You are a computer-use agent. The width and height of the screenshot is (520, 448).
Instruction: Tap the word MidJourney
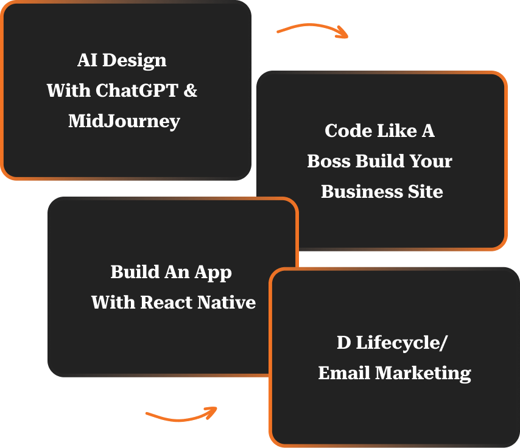point(124,121)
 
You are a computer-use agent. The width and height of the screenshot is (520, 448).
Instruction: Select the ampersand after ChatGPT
point(191,91)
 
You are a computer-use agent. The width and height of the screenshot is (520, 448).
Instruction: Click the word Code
point(344,131)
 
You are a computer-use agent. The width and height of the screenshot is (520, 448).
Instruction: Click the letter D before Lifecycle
point(343,343)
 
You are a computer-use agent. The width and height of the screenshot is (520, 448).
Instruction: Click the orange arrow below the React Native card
point(181,415)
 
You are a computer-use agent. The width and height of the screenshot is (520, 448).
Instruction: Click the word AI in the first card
point(87,60)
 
